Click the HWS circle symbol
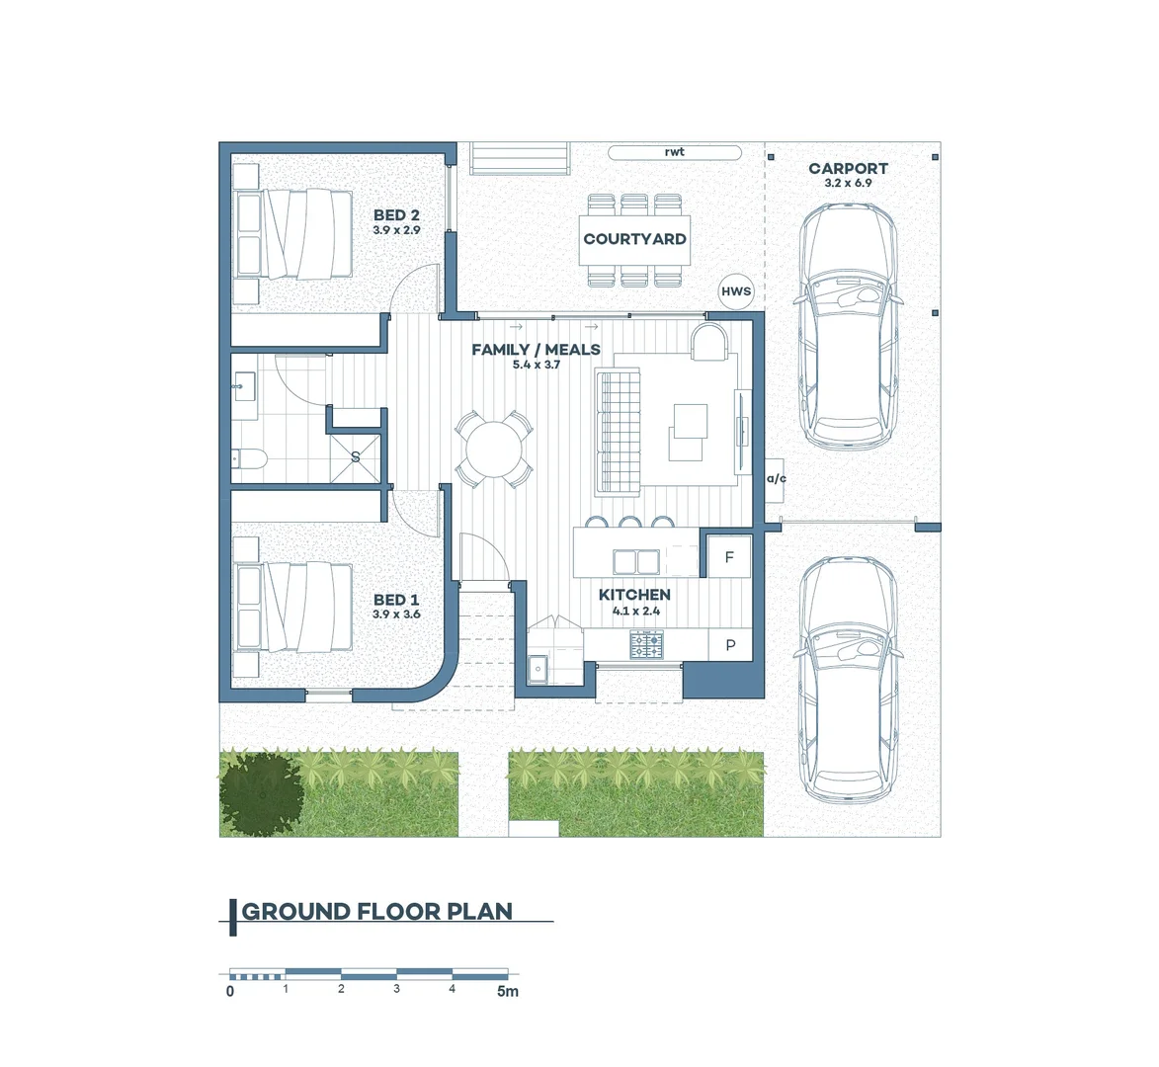click(x=736, y=291)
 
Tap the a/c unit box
click(x=776, y=479)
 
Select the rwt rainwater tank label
click(x=675, y=152)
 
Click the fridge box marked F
click(x=729, y=557)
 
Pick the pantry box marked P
click(x=730, y=645)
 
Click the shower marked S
click(x=356, y=456)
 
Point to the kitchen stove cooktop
click(x=647, y=646)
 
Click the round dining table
click(x=495, y=450)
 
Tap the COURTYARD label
click(x=634, y=239)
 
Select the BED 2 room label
click(x=396, y=215)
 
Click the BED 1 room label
click(x=396, y=600)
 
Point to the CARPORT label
click(x=848, y=169)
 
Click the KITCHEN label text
click(x=634, y=595)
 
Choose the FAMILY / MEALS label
click(x=536, y=350)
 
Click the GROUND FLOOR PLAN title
click(x=377, y=912)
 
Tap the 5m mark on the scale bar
click(x=507, y=991)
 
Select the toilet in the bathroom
click(x=248, y=458)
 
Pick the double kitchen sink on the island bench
click(x=635, y=561)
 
